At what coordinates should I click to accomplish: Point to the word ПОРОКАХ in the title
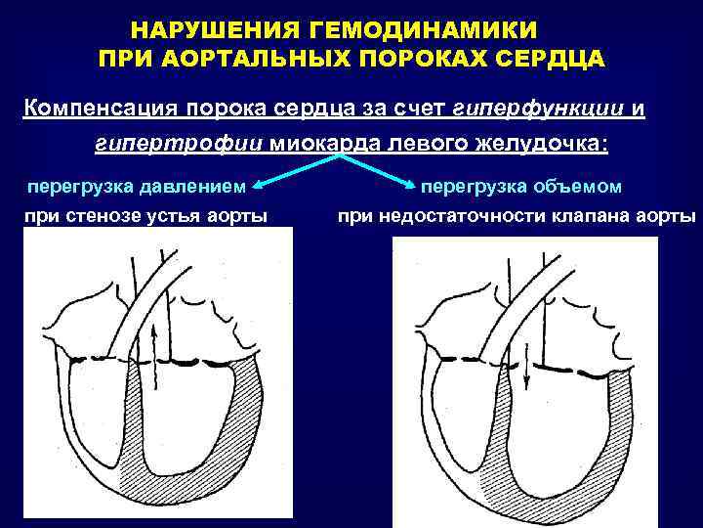point(419,58)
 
